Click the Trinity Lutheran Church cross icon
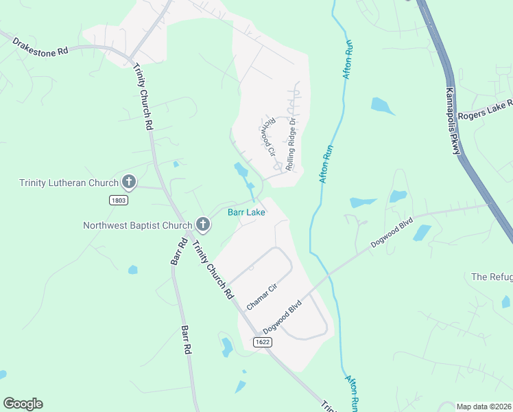tap(128, 183)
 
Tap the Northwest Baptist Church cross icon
tap(203, 225)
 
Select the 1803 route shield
tap(118, 199)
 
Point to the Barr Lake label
tap(246, 213)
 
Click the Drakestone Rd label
tap(40, 46)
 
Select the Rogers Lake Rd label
tap(486, 109)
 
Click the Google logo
tap(23, 404)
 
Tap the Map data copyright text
tap(484, 407)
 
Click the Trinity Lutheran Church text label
tap(68, 183)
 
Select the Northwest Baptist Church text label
tap(137, 225)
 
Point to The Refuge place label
tap(492, 277)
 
